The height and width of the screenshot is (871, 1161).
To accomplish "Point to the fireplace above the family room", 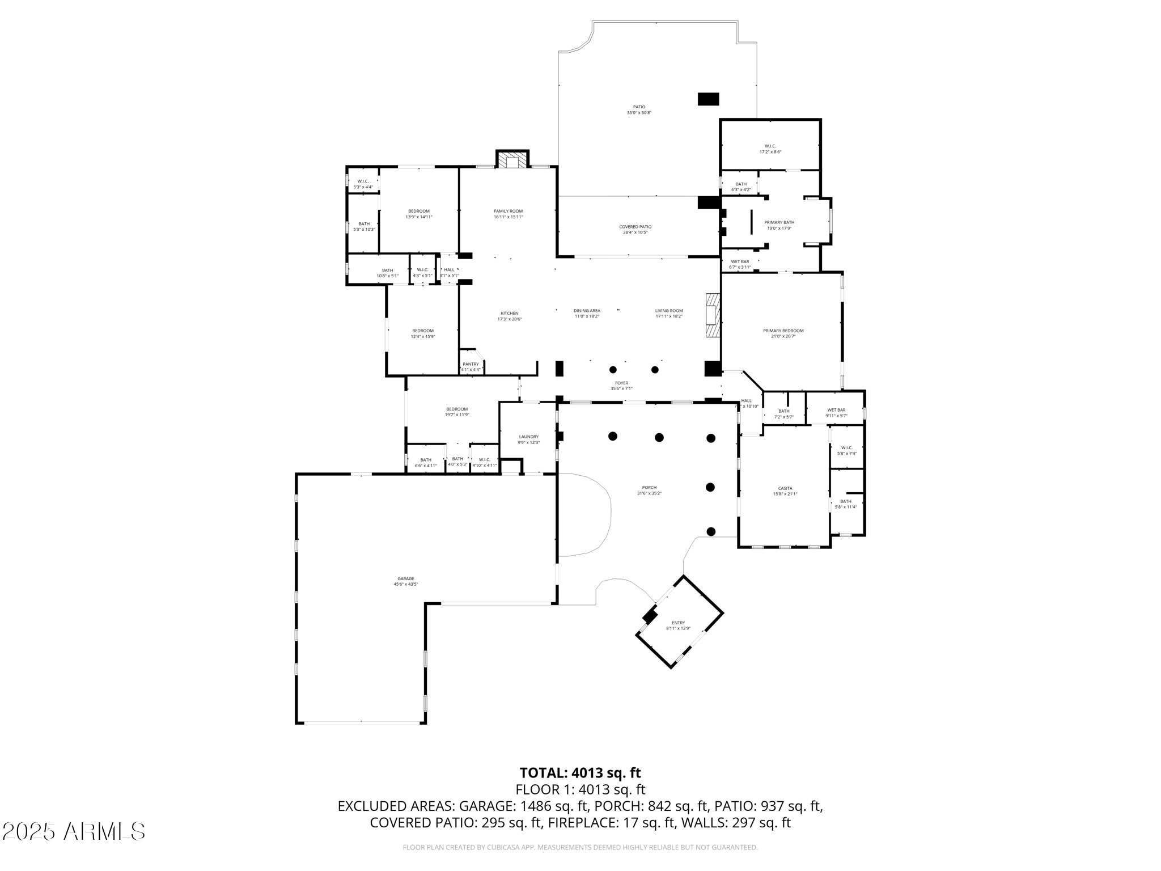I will click(x=512, y=160).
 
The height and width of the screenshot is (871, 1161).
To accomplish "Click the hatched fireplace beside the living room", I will click(x=712, y=315).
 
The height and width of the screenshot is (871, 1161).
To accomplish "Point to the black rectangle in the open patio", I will click(x=708, y=99).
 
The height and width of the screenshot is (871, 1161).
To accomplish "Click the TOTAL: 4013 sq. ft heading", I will click(x=580, y=772).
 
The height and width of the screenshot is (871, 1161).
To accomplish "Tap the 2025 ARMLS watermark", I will click(x=74, y=831).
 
